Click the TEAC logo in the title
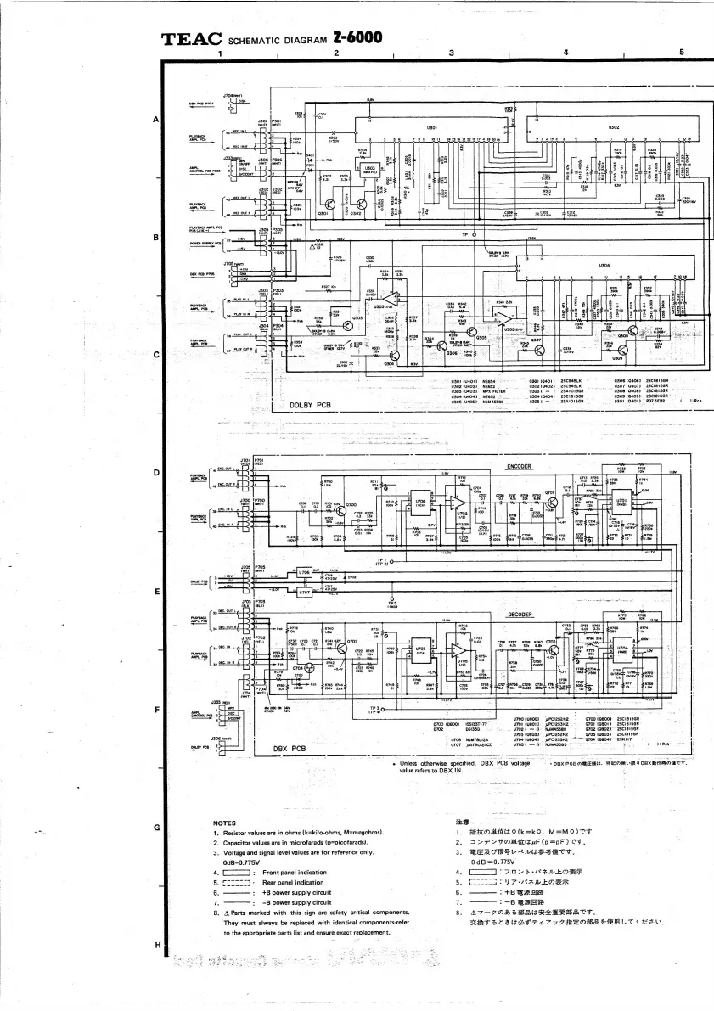click(192, 39)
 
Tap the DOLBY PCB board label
click(311, 405)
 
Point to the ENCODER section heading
click(519, 467)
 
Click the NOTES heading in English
click(225, 823)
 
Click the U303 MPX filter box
click(368, 169)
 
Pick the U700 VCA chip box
click(422, 498)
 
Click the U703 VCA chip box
click(422, 648)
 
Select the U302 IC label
click(613, 127)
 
